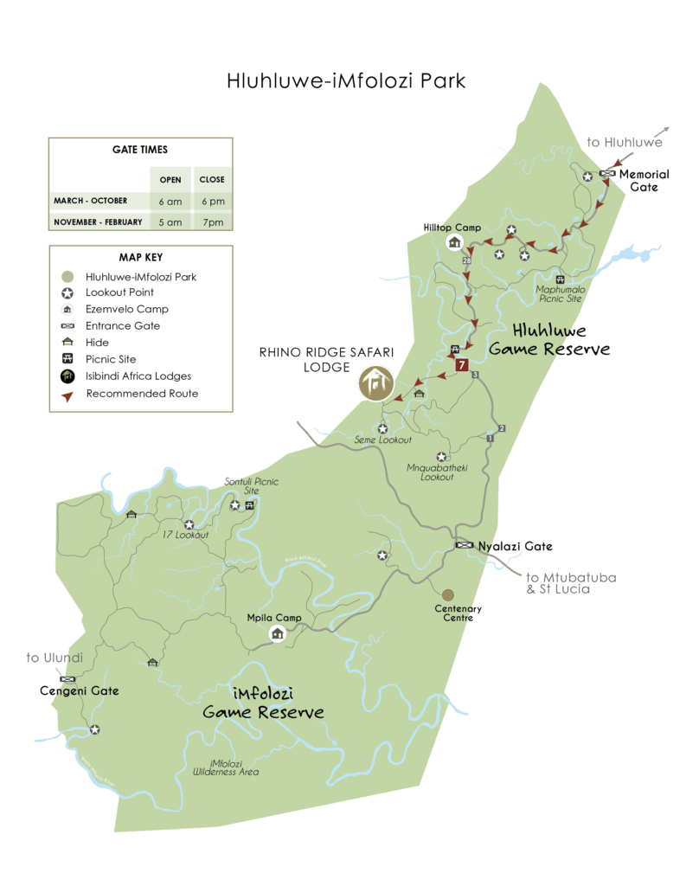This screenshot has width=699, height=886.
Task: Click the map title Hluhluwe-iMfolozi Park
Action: (346, 81)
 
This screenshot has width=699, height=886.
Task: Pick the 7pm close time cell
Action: (212, 222)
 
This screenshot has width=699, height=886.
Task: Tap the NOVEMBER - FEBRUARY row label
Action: (98, 222)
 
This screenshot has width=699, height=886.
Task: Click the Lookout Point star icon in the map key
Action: (67, 292)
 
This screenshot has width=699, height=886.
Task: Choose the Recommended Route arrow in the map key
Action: (67, 394)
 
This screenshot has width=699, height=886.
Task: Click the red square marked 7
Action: (462, 365)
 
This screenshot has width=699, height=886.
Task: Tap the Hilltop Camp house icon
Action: (454, 243)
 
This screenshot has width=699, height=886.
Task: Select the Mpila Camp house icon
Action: (278, 634)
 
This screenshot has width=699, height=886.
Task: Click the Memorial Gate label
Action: (644, 180)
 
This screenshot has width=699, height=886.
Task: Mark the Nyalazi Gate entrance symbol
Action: (465, 546)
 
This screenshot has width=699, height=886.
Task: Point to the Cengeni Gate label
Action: (80, 691)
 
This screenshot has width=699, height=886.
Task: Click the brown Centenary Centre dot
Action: (447, 594)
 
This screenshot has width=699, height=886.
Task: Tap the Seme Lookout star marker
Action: (382, 428)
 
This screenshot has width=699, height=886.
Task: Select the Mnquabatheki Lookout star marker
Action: (441, 457)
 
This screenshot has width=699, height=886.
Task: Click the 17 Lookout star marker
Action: (189, 524)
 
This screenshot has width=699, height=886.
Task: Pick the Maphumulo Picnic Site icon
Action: (560, 279)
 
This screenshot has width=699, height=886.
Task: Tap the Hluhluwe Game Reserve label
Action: (549, 340)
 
